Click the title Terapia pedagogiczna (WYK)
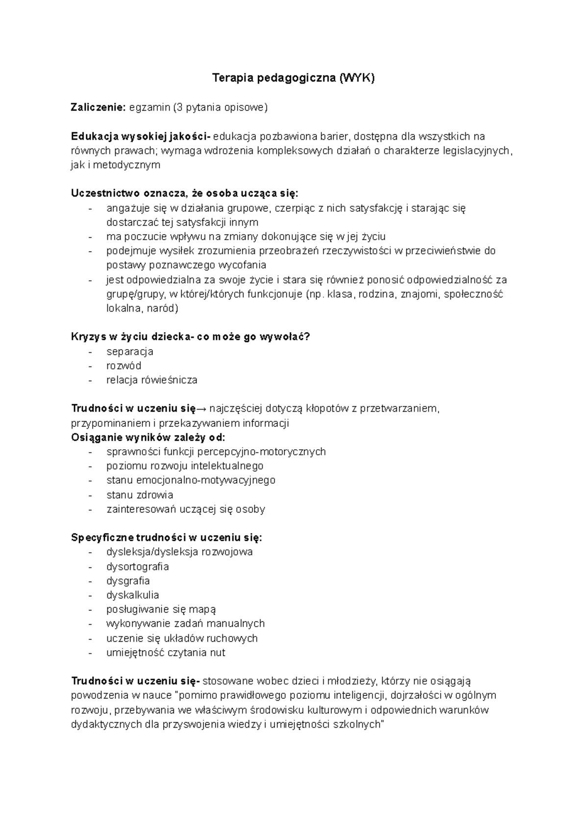(x=293, y=78)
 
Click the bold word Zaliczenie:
(x=98, y=107)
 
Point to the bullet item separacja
(x=130, y=351)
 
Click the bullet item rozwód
(x=123, y=366)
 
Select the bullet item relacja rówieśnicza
(x=151, y=380)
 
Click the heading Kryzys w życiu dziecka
(x=132, y=337)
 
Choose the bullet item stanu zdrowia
(x=140, y=494)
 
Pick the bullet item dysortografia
(x=137, y=566)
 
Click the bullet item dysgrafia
(x=128, y=581)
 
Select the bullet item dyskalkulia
(x=132, y=595)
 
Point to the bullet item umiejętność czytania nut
(x=166, y=652)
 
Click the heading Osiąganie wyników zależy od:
(x=148, y=437)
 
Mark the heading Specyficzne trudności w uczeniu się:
(x=167, y=537)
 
